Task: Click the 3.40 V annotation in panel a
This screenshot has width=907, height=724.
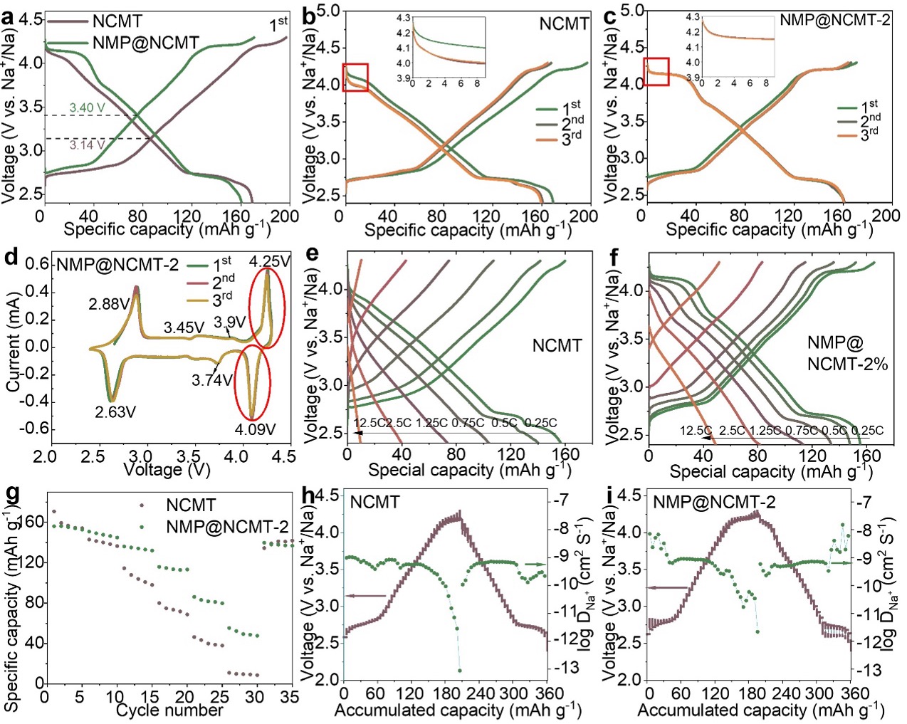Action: coord(85,107)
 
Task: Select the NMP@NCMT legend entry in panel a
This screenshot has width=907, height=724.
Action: coord(145,43)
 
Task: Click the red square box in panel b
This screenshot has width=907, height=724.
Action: coord(355,77)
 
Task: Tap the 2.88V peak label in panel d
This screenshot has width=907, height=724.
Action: coord(110,303)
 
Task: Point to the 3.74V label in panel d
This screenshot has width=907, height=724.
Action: coord(212,380)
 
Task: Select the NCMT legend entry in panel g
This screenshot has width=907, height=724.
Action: coord(190,505)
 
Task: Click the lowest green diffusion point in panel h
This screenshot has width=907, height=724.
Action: coord(460,671)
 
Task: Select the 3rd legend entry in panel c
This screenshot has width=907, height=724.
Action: coord(869,133)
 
